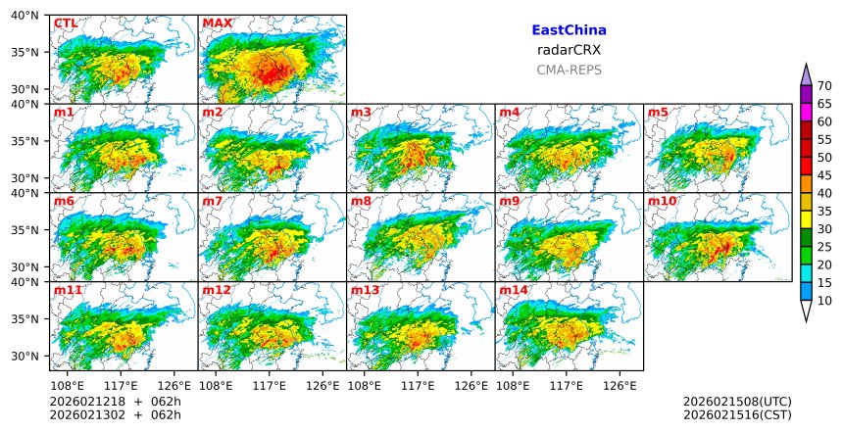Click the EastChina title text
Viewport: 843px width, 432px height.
click(x=569, y=30)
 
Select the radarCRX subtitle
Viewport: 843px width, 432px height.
click(x=569, y=50)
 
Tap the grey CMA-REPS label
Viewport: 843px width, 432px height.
click(x=569, y=70)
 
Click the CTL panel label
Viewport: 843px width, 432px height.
click(x=66, y=23)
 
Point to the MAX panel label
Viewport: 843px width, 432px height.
click(x=217, y=23)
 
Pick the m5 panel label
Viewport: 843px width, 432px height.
click(x=658, y=112)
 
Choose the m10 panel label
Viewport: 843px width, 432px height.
click(x=662, y=201)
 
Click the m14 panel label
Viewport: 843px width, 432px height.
click(x=513, y=290)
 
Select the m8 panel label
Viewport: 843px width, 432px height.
click(x=361, y=201)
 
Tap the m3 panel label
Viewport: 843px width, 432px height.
click(x=361, y=112)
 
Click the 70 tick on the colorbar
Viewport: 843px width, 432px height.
click(x=824, y=86)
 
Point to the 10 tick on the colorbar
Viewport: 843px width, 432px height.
click(x=824, y=301)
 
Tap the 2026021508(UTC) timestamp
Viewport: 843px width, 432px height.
click(x=737, y=402)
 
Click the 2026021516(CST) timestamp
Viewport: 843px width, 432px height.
click(x=737, y=414)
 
